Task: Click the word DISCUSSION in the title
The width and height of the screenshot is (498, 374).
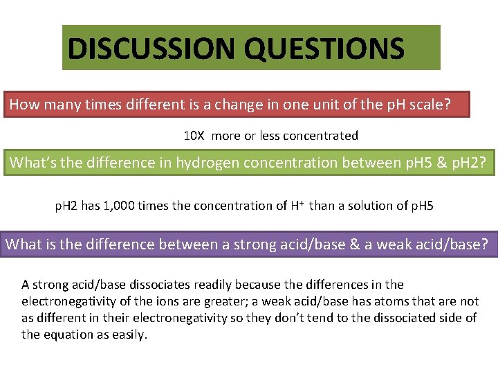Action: point(151,48)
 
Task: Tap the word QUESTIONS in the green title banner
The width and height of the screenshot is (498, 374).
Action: point(324,48)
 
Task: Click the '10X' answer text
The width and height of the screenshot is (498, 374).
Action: point(194,136)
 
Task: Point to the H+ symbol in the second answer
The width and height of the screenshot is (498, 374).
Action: point(297,205)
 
